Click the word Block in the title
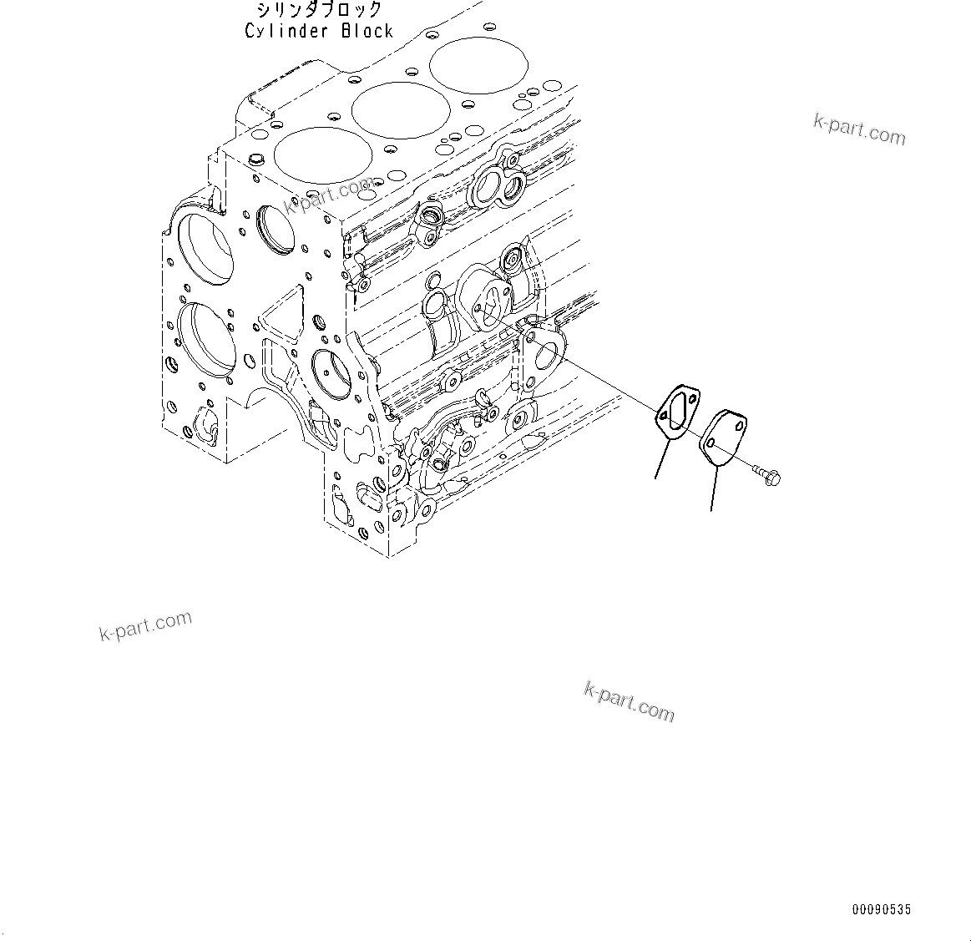coord(367,31)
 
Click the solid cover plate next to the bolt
coord(723,435)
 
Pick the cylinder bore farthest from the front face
coord(479,64)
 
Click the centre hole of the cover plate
coord(723,435)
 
